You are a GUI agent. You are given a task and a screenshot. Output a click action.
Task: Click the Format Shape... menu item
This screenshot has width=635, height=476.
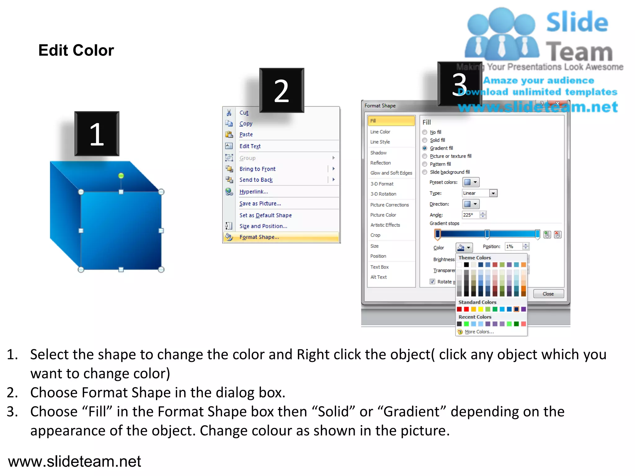(259, 237)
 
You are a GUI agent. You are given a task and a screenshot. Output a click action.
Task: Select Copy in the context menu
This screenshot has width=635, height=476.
(246, 124)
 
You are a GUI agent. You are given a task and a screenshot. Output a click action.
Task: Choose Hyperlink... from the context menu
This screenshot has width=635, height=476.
(253, 192)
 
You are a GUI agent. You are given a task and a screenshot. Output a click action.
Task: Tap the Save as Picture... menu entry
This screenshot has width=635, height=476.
(260, 204)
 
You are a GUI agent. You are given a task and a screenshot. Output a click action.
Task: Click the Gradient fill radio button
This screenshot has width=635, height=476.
(425, 148)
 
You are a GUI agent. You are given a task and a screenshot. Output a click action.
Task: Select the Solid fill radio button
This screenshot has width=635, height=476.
(425, 140)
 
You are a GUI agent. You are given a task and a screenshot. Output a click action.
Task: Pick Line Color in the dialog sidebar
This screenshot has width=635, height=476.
(380, 132)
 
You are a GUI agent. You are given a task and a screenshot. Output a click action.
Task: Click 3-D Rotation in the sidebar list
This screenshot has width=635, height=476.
(383, 194)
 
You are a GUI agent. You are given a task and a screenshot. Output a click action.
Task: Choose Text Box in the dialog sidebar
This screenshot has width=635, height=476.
(379, 267)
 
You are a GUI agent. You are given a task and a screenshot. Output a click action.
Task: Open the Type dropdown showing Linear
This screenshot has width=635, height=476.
(493, 193)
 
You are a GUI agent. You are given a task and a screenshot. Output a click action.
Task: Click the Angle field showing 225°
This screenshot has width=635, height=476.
(470, 215)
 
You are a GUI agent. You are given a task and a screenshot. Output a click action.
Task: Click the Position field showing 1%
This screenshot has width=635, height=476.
(513, 246)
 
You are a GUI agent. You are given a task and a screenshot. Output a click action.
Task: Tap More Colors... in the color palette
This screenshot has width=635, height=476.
(479, 332)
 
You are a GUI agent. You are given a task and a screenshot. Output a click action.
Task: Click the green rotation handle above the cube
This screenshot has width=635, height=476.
(121, 176)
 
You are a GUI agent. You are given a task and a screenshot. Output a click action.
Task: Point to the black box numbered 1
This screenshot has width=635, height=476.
(97, 134)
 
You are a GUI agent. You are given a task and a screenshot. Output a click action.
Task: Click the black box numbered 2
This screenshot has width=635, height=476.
(282, 90)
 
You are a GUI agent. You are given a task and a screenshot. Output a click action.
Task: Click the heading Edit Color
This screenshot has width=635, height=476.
(76, 50)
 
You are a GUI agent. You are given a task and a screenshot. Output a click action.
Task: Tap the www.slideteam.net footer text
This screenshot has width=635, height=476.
(74, 461)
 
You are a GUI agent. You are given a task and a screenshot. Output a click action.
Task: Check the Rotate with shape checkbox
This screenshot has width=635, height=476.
(432, 281)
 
